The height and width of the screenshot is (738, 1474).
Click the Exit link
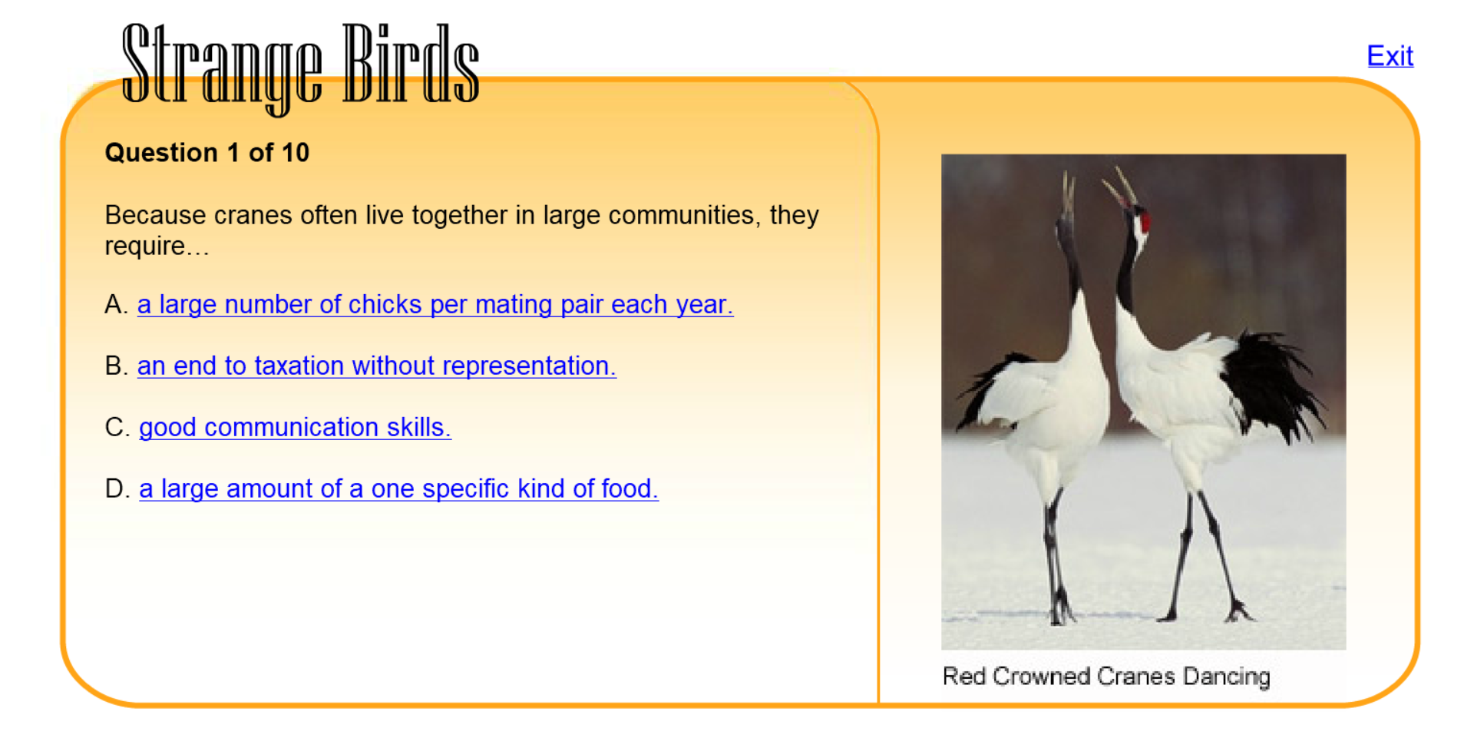[x=1390, y=56]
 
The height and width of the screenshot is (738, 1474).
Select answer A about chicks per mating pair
[x=435, y=305]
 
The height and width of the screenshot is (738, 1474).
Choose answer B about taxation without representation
[x=376, y=366]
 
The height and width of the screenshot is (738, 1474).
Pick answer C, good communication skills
[x=295, y=428]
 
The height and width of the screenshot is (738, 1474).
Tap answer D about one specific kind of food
[x=398, y=489]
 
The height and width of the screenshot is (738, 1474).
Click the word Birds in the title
[x=411, y=63]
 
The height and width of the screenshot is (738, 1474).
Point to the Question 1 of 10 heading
[x=207, y=153]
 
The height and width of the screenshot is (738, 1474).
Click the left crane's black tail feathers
[x=990, y=388]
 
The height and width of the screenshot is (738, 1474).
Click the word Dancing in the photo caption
[x=1227, y=677]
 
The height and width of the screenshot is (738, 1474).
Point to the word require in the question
[x=145, y=247]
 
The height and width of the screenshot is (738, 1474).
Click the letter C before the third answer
[x=116, y=428]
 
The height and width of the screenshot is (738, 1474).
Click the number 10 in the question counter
[x=294, y=153]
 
